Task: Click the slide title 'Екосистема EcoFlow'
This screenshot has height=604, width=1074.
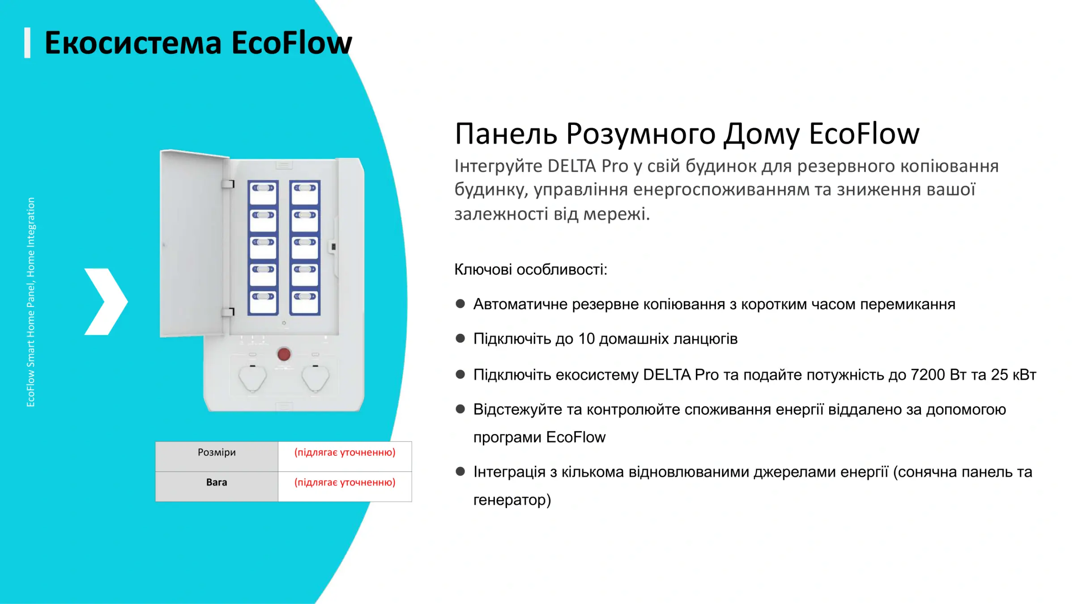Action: point(198,43)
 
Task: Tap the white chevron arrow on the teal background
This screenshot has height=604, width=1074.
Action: point(107,302)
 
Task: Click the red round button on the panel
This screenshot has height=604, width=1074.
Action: point(284,354)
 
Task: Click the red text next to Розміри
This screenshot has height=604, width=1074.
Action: point(345,452)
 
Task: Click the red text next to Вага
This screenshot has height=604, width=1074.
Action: point(345,482)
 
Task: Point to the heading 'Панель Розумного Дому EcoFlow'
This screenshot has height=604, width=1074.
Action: point(687,134)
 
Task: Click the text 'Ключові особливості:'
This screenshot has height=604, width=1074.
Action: point(531,270)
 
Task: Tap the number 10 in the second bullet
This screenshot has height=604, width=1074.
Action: point(586,339)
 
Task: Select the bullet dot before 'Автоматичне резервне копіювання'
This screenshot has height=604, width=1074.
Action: point(460,304)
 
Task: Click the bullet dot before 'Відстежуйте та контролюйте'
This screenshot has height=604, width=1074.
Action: point(460,409)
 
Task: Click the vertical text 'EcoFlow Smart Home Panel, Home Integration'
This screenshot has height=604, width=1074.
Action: point(30,302)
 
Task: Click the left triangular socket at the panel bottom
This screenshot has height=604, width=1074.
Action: point(252,379)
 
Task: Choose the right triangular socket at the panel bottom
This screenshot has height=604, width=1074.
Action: point(315,379)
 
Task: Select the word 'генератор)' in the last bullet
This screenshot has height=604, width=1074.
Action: point(512,500)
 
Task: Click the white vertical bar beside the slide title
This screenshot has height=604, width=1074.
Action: point(27,43)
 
